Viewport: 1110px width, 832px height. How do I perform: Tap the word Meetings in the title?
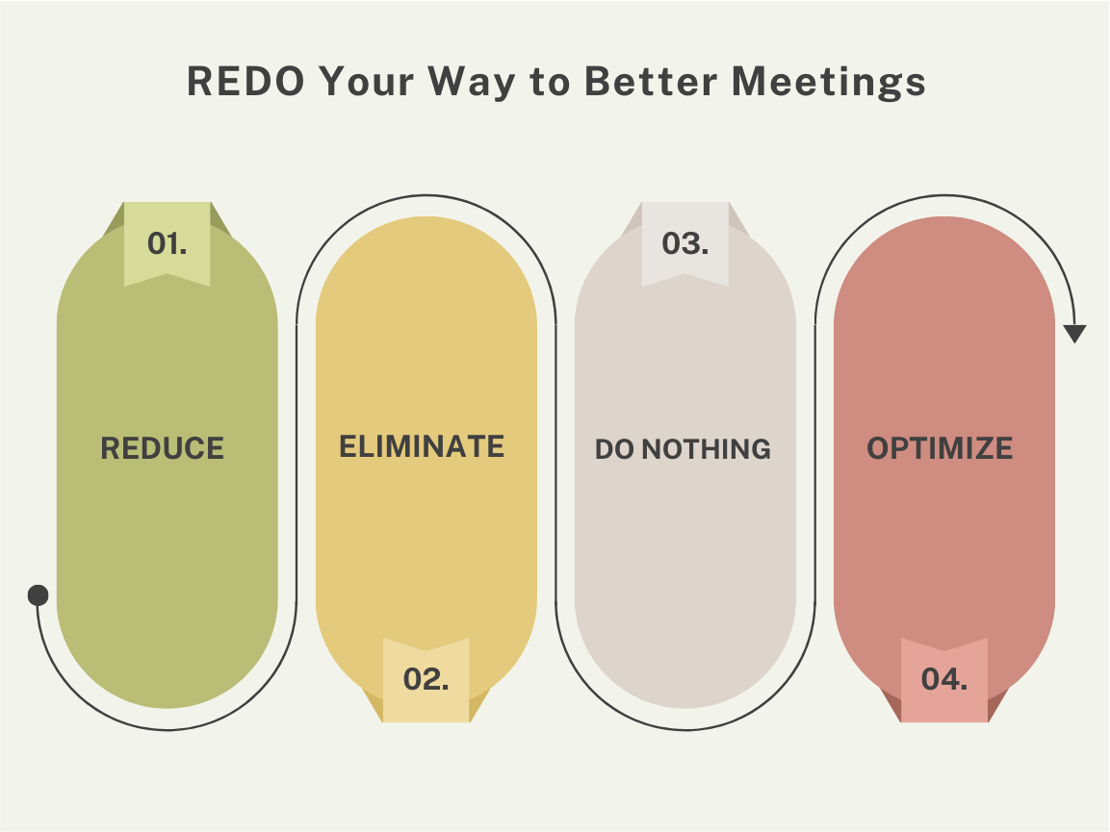coord(829,83)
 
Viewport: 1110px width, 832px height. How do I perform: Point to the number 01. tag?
coord(168,243)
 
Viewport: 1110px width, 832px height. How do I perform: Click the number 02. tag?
coord(426,679)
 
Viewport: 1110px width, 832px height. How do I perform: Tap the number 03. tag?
coord(685,243)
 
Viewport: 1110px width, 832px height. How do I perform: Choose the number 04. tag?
coord(944,679)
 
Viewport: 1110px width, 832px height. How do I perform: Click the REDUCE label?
coord(163,448)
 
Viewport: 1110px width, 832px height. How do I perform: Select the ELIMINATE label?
coord(422,446)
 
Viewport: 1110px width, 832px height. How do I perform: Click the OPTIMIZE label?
coord(940,448)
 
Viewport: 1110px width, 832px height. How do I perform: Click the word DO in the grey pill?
coord(614,449)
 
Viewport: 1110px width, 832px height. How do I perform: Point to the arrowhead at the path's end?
coord(1075,334)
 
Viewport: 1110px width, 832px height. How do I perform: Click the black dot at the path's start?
coord(39,595)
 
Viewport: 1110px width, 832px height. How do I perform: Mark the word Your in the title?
coord(366,83)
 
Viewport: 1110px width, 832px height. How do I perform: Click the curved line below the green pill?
coord(168,729)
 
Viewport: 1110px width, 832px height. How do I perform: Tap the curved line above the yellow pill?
coord(426,196)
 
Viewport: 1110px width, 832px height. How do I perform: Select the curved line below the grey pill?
coord(685,729)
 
